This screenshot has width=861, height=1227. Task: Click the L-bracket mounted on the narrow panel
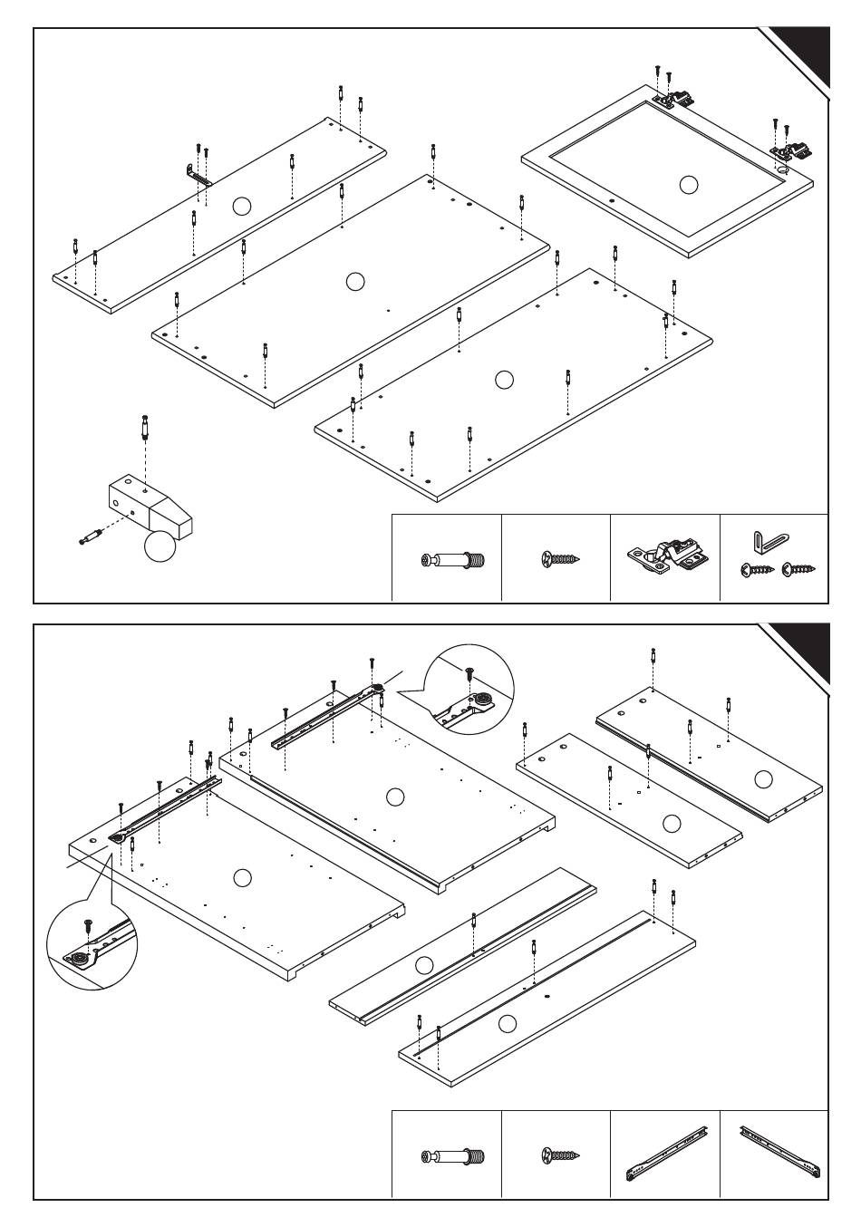click(198, 175)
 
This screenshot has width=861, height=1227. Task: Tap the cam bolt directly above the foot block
click(145, 426)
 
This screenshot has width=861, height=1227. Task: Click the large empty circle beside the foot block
click(159, 546)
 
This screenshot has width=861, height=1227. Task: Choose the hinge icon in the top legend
click(664, 559)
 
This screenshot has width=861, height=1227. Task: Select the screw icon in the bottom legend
click(560, 1155)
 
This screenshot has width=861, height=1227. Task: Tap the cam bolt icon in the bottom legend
click(454, 1156)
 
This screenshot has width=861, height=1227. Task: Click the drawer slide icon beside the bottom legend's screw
click(664, 1155)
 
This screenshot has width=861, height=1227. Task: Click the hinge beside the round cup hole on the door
click(791, 149)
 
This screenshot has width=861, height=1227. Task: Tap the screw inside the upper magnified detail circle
click(469, 673)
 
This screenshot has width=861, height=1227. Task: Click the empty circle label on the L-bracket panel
click(240, 206)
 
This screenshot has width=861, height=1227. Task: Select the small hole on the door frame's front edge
click(612, 198)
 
